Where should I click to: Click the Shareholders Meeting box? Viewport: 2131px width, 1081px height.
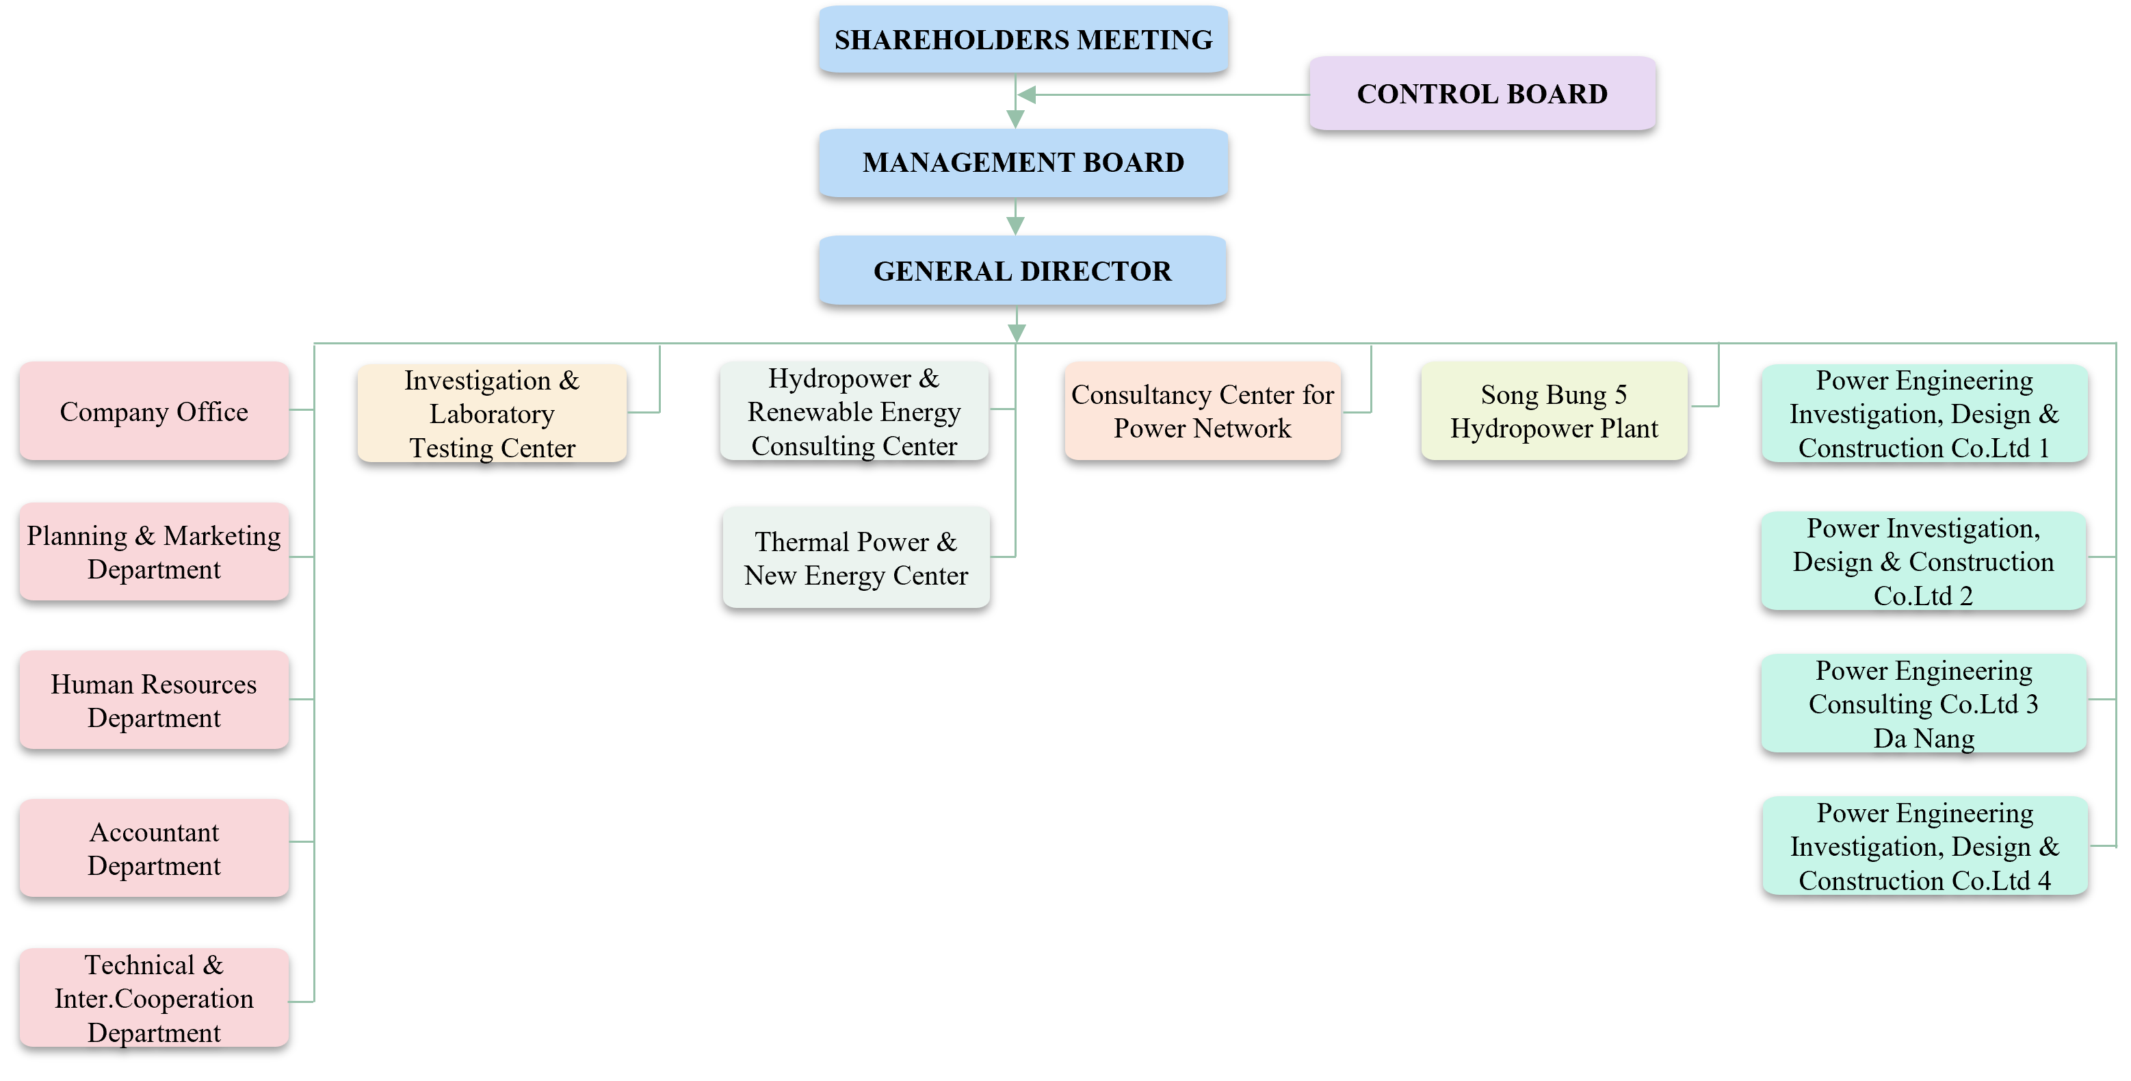tap(1023, 40)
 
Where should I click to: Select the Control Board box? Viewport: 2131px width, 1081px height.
tap(1482, 94)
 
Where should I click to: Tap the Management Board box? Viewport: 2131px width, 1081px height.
tap(1023, 162)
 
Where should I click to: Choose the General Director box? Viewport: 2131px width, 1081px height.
tap(1023, 270)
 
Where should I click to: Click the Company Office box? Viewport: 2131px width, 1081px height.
tap(154, 411)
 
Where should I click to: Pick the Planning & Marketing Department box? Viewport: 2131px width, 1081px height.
tap(154, 552)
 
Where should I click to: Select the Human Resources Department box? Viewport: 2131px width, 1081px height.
tap(154, 700)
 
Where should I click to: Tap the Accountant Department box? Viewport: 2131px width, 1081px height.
tap(154, 848)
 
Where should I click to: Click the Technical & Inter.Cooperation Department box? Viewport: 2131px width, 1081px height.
tap(154, 998)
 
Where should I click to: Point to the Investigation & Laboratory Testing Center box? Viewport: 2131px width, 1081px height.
tap(491, 413)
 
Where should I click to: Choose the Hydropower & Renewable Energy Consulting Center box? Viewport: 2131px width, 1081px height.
tap(854, 411)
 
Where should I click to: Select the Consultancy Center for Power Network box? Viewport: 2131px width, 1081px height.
tap(1202, 411)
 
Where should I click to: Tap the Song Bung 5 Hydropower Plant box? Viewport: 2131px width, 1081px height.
tap(1554, 411)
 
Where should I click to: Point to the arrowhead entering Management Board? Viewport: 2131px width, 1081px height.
tap(1016, 119)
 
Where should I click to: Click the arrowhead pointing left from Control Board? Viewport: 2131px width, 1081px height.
tap(1027, 95)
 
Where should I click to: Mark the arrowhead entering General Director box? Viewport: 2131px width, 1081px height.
tap(1016, 226)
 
